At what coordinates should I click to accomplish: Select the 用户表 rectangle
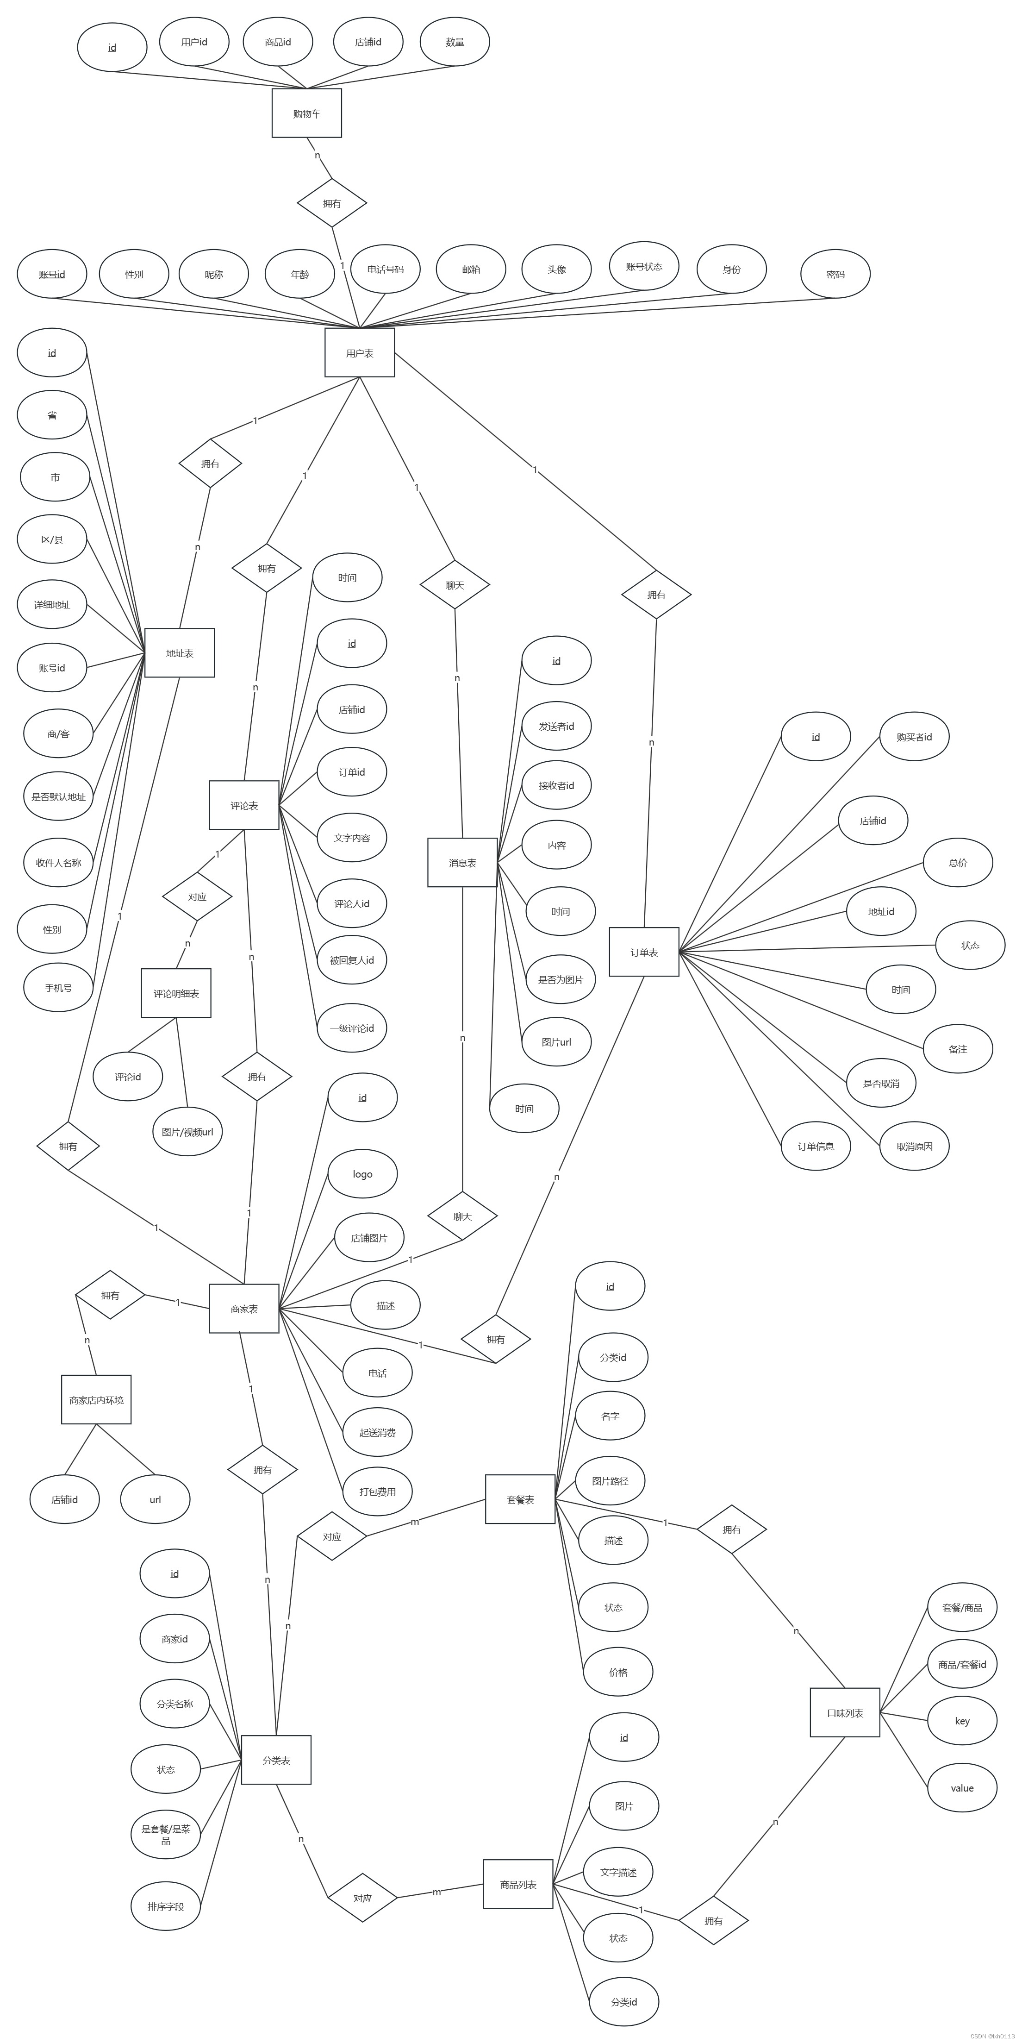pyautogui.click(x=359, y=353)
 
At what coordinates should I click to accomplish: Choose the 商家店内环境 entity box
pyautogui.click(x=96, y=1400)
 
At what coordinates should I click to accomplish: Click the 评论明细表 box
pyautogui.click(x=176, y=993)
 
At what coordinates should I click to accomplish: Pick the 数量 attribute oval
pyautogui.click(x=455, y=42)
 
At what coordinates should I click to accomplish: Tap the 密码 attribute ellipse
pyautogui.click(x=835, y=275)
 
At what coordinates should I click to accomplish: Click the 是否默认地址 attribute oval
pyautogui.click(x=58, y=796)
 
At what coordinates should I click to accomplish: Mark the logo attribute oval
pyautogui.click(x=362, y=1174)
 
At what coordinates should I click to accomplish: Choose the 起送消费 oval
pyautogui.click(x=377, y=1432)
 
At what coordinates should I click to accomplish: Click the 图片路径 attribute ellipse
pyautogui.click(x=610, y=1481)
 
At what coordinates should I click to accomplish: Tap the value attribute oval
pyautogui.click(x=962, y=1787)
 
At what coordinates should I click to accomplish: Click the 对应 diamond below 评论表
pyautogui.click(x=197, y=896)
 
